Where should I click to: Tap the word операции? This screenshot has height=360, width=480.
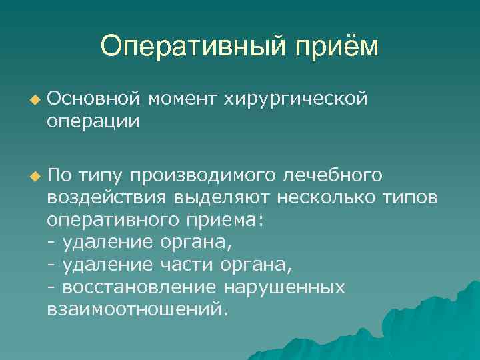pos(94,122)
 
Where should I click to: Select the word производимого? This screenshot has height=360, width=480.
pos(203,176)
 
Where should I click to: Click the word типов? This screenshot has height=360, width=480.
pos(414,199)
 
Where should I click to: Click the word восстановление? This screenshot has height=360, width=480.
pos(139,287)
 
